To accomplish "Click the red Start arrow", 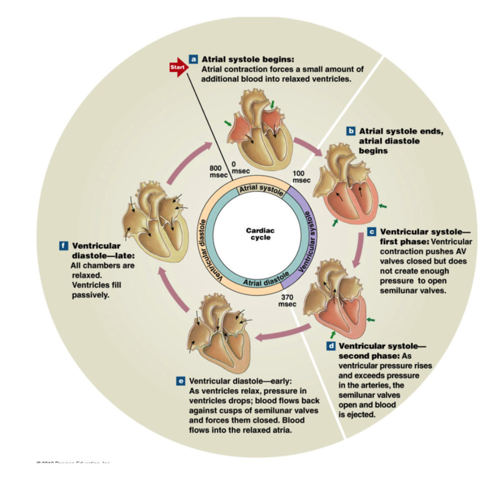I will click(176, 68).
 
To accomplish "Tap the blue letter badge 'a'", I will click(193, 59).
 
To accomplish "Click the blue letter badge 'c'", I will click(372, 232).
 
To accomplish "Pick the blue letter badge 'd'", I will click(331, 346).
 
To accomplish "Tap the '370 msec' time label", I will click(287, 300).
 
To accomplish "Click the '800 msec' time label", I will click(216, 172).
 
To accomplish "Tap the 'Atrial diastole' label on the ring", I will click(265, 278).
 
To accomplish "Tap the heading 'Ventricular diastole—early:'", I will click(241, 381).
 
